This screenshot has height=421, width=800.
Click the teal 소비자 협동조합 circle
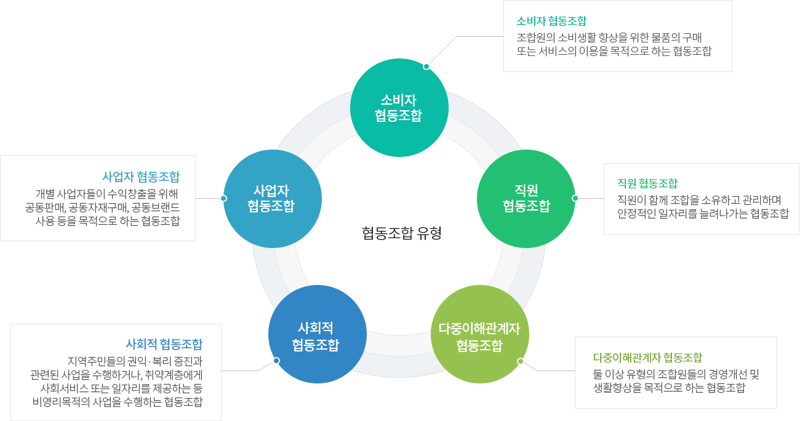point(399,108)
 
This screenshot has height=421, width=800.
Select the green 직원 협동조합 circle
point(526,198)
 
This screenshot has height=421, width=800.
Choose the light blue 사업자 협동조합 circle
point(273,198)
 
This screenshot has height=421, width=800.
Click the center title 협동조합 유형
point(402,233)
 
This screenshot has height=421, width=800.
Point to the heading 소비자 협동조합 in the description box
point(551,22)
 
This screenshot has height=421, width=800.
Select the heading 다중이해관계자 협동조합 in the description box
point(647,358)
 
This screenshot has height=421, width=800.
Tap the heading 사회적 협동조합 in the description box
point(164,344)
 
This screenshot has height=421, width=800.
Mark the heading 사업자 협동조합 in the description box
point(141,177)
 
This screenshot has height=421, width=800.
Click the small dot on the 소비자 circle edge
point(426,66)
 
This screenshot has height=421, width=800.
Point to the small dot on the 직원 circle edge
point(575,198)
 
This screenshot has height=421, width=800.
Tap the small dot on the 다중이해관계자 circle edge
point(520,361)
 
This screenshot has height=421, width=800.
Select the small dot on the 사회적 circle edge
point(276,361)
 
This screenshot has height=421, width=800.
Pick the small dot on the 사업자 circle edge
point(223,198)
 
